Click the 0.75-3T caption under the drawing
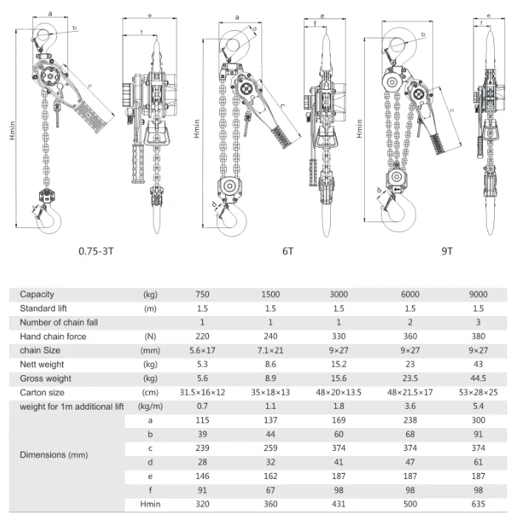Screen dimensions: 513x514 pyautogui.click(x=97, y=251)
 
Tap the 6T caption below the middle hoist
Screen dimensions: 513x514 pyautogui.click(x=287, y=251)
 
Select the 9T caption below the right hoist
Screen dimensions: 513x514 pyautogui.click(x=447, y=251)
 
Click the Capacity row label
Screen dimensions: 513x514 pyautogui.click(x=37, y=295)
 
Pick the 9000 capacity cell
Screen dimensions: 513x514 pyautogui.click(x=478, y=295)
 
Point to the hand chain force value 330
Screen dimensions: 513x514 pyautogui.click(x=338, y=337)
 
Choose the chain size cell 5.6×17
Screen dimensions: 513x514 pyautogui.click(x=202, y=351)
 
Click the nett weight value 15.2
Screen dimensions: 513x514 pyautogui.click(x=338, y=365)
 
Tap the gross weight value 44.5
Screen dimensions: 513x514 pyautogui.click(x=478, y=379)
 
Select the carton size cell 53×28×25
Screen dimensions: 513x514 pyautogui.click(x=478, y=393)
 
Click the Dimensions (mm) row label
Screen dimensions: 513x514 pyautogui.click(x=53, y=455)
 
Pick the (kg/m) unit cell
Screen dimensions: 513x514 pyautogui.click(x=150, y=407)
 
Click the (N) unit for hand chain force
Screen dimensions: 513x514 pyautogui.click(x=150, y=337)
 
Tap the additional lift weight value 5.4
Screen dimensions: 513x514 pyautogui.click(x=478, y=407)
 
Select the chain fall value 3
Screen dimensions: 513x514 pyautogui.click(x=478, y=323)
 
